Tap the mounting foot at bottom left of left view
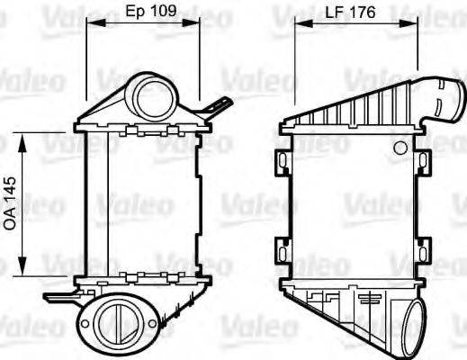58,294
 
